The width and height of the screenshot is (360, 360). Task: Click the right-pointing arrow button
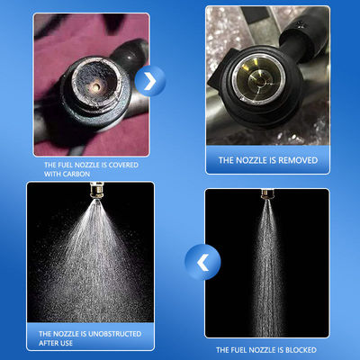(150, 81)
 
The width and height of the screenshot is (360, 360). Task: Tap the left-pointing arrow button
(202, 262)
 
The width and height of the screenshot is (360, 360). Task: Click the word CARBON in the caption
(76, 174)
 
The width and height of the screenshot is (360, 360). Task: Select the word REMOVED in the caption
(299, 160)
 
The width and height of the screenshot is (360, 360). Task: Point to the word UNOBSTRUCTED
(114, 334)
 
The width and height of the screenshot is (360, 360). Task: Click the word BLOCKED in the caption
(301, 350)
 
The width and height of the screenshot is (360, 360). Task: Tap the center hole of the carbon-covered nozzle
(95, 86)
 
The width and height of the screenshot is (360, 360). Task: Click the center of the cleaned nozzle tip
(259, 80)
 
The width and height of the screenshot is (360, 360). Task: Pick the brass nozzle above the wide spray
(96, 191)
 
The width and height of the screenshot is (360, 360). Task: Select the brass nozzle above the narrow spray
(266, 194)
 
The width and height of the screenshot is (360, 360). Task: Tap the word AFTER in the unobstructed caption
(48, 343)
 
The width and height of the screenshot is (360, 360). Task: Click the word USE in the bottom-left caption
(66, 343)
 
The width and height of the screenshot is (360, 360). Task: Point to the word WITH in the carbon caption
(52, 174)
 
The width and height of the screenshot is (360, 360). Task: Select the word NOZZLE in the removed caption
(250, 160)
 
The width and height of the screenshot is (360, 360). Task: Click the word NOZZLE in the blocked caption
(260, 350)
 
